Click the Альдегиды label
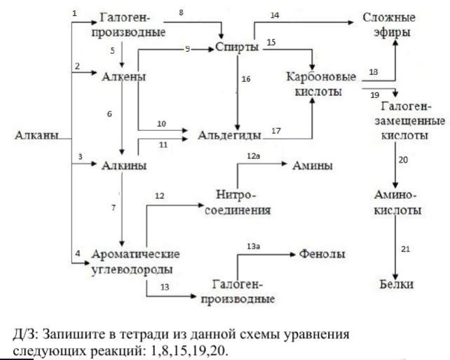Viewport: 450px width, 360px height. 230,134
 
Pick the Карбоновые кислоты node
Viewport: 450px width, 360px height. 320,83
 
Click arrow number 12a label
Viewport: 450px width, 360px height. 253,162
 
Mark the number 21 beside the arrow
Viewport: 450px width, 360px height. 405,249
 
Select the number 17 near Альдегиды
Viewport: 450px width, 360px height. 275,130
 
